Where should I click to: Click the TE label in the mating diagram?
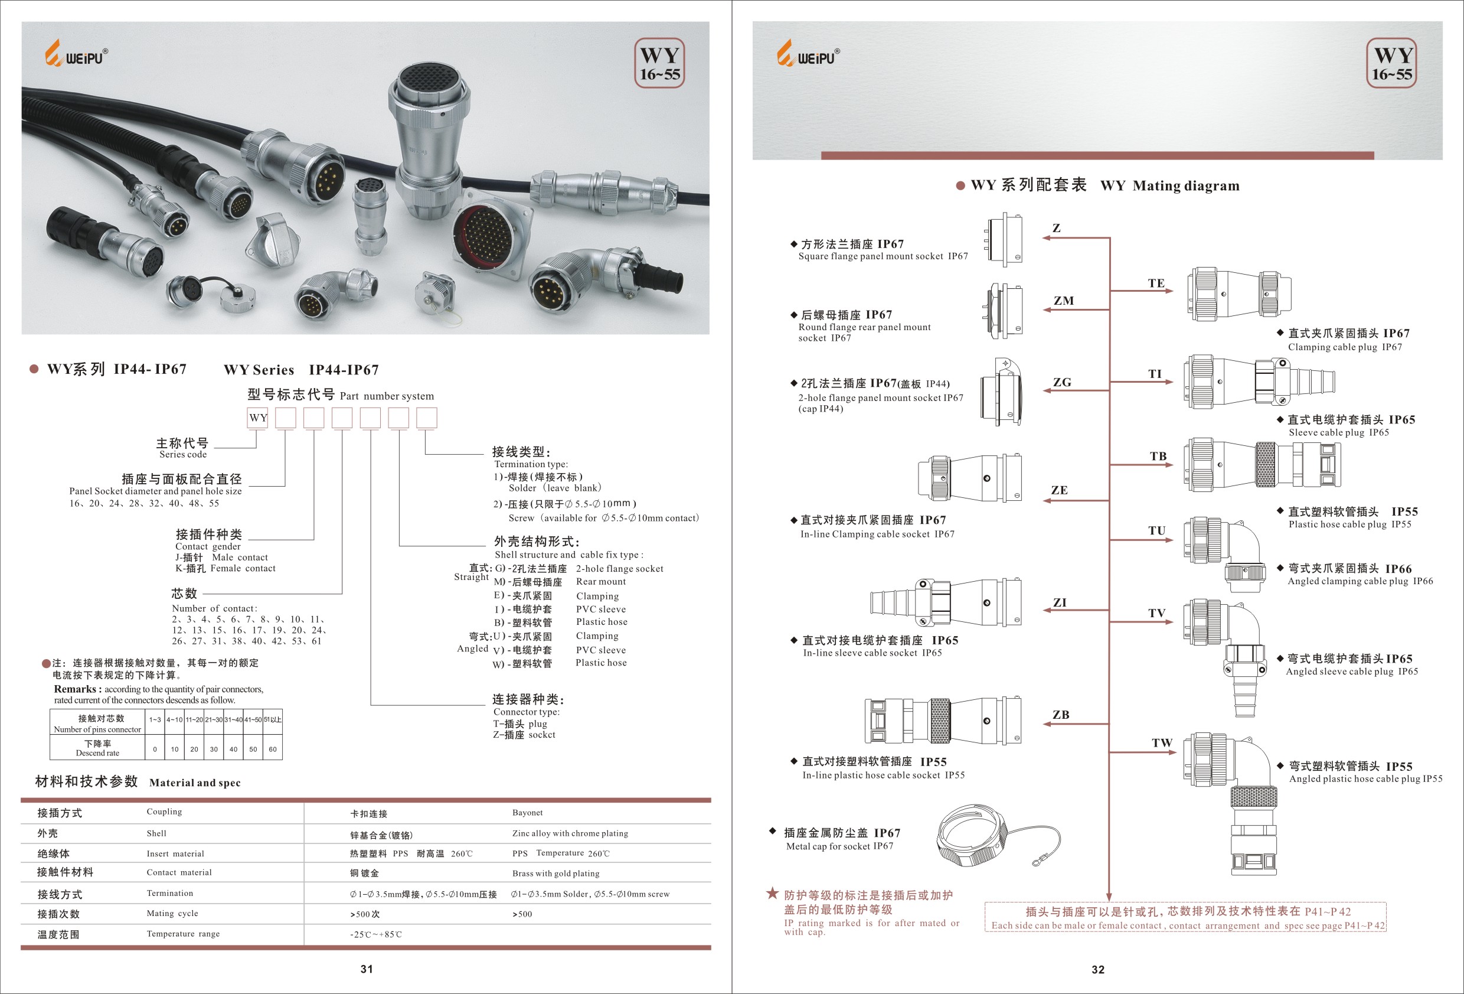coord(1156,283)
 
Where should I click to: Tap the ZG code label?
coord(1062,382)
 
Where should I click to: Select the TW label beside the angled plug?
coord(1162,742)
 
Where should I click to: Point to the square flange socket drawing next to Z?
coord(1004,238)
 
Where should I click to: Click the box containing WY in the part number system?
coord(257,418)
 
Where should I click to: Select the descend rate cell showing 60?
coord(273,749)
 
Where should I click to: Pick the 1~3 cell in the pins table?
coord(155,719)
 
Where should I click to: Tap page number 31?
coord(367,969)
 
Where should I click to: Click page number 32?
coord(1098,969)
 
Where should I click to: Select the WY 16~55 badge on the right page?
coord(1391,63)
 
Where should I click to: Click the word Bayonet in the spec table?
coord(527,813)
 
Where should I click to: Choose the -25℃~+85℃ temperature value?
coord(376,934)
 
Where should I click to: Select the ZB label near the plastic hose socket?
coord(1061,714)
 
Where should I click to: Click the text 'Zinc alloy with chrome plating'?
coord(570,833)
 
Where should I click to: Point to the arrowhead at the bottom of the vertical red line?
coord(1109,897)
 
